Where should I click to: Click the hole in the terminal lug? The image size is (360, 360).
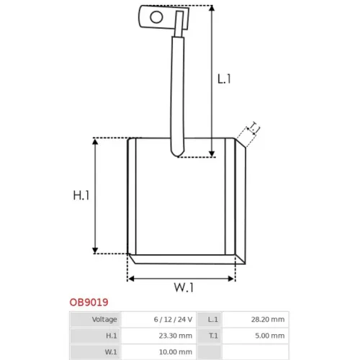(x=156, y=17)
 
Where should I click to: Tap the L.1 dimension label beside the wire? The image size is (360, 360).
(x=224, y=79)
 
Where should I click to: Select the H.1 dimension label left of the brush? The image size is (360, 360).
(x=81, y=195)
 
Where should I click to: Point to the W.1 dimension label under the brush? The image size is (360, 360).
(x=184, y=287)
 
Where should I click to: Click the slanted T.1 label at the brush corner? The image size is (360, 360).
(x=254, y=128)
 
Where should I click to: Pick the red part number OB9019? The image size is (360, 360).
(x=89, y=302)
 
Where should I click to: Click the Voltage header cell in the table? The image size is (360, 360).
(x=104, y=319)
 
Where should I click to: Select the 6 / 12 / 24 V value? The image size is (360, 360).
(x=173, y=320)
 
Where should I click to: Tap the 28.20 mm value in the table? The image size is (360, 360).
(x=268, y=320)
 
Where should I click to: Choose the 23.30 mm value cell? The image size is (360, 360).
(x=176, y=336)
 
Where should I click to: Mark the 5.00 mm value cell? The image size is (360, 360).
(x=270, y=336)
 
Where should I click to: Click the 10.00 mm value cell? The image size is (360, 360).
(x=176, y=352)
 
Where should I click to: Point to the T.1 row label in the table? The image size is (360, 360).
(x=213, y=336)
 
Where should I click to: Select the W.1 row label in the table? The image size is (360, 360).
(x=111, y=352)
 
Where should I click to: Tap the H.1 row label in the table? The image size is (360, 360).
(x=112, y=336)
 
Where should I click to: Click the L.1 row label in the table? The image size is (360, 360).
(x=213, y=320)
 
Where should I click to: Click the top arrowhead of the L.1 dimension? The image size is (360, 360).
(x=212, y=8)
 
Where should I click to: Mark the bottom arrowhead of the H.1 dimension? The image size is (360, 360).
(x=95, y=251)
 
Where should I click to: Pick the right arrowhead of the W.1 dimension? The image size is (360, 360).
(x=231, y=279)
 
